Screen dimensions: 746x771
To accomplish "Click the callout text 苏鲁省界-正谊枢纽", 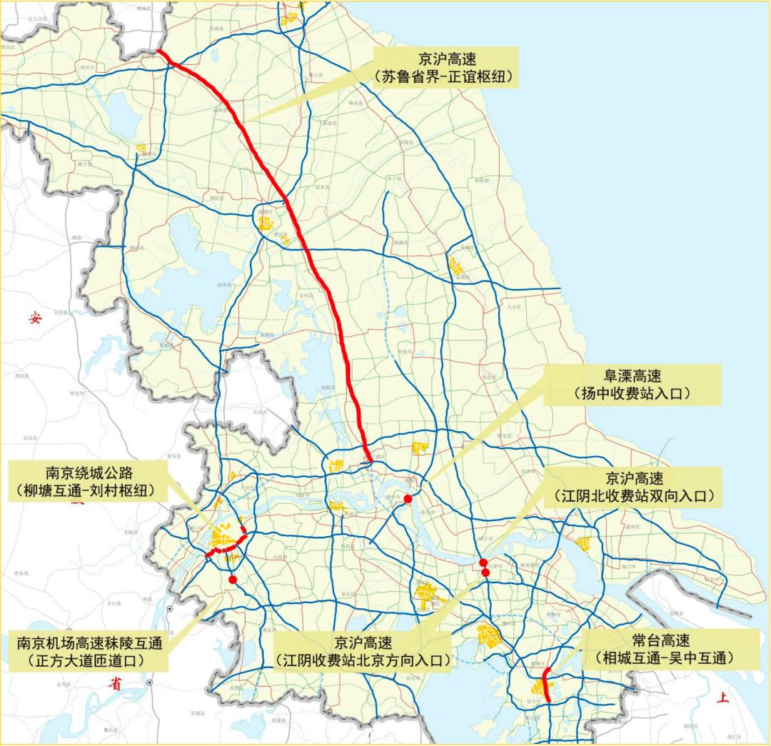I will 445,77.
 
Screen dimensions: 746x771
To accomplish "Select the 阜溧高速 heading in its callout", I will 632,375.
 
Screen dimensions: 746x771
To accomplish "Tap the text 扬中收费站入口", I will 632,393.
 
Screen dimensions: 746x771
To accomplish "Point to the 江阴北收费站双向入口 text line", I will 632,496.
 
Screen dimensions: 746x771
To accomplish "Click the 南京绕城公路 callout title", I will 89,472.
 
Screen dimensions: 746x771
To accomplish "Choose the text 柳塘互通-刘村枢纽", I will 89,490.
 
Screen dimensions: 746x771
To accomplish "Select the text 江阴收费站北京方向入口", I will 364,661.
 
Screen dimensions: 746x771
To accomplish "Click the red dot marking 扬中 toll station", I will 408,499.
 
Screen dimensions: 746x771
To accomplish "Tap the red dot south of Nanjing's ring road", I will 233,580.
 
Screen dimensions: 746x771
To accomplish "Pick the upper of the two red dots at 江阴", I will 483,563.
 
